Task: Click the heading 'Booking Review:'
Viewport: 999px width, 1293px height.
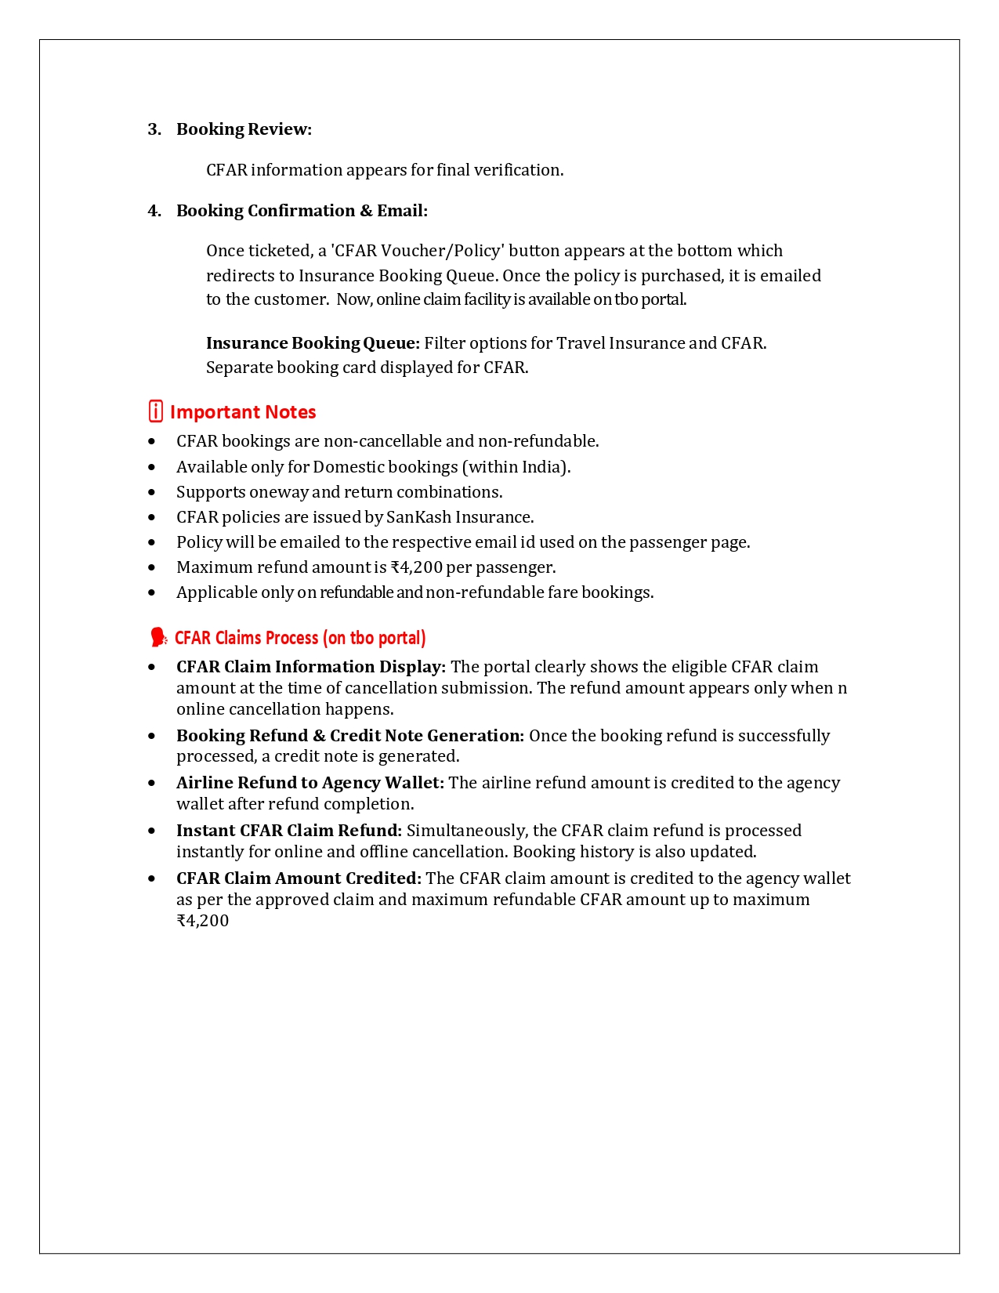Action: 244,129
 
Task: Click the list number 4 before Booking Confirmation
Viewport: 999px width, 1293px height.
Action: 154,211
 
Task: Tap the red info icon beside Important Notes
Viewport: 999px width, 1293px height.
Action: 156,411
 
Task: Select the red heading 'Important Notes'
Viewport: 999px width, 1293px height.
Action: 243,412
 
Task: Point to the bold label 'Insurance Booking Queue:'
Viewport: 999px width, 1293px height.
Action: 313,343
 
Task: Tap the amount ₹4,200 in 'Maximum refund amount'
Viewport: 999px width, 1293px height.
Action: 416,567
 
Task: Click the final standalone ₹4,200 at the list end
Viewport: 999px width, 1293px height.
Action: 203,921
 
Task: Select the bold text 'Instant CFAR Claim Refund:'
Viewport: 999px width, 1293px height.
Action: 289,831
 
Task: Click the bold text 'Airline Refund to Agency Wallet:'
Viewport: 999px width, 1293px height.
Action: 310,783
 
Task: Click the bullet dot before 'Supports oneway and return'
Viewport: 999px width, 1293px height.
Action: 152,492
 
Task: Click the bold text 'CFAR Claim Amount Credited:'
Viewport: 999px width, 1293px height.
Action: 299,878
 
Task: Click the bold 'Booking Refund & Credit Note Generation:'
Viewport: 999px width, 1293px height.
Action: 350,736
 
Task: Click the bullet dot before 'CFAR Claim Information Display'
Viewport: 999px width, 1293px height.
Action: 152,668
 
